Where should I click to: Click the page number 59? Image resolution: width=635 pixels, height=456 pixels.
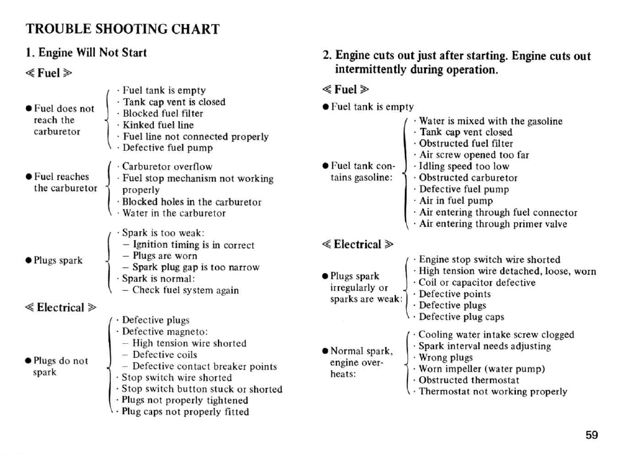tap(591, 434)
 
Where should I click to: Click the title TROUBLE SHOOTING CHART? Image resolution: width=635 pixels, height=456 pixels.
tap(122, 29)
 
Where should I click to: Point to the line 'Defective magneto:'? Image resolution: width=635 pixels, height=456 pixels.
tap(165, 331)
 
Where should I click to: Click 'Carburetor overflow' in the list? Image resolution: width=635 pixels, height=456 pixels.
tap(167, 167)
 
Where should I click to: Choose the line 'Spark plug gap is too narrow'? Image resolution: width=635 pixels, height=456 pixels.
tap(196, 267)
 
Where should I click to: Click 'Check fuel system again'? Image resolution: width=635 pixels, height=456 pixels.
tap(186, 290)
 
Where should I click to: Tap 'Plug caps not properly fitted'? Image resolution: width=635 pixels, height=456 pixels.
tap(185, 412)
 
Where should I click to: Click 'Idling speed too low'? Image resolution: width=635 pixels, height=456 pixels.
tap(464, 167)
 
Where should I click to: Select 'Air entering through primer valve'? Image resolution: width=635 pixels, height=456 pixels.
tap(493, 224)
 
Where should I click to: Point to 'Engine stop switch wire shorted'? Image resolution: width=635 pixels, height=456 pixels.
tap(489, 260)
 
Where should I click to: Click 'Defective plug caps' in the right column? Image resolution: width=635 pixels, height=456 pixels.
tap(461, 317)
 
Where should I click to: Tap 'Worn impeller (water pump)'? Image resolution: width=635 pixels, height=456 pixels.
tap(482, 369)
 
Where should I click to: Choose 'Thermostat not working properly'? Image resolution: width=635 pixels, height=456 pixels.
tap(492, 391)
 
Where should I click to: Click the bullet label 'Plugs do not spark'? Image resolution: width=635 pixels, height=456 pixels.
tap(61, 366)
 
